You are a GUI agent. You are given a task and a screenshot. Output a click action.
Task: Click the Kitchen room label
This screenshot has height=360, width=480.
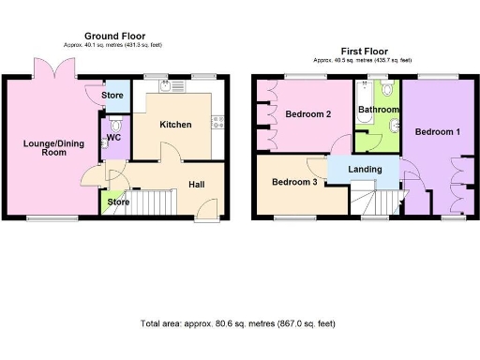tap(175, 125)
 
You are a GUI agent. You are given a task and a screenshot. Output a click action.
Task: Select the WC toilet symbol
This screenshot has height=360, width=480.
tap(115, 125)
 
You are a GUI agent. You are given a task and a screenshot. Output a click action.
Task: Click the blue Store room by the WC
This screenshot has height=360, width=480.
tap(112, 95)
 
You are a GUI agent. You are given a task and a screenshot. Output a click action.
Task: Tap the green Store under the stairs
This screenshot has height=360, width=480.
tap(117, 202)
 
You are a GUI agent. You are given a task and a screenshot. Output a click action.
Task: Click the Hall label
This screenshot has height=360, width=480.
tap(197, 185)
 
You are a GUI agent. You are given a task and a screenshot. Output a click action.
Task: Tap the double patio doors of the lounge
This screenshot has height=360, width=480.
tap(52, 70)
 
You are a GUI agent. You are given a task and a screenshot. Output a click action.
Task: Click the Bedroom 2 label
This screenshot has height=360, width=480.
tap(307, 114)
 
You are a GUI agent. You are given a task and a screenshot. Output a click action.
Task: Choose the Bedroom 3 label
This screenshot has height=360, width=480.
tap(293, 182)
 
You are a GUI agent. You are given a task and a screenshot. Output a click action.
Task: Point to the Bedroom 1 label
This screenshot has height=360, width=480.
tap(438, 131)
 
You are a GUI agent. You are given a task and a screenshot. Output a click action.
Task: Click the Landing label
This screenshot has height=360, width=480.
tap(364, 169)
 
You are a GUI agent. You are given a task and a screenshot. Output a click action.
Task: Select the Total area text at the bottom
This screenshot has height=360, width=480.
tap(238, 323)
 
